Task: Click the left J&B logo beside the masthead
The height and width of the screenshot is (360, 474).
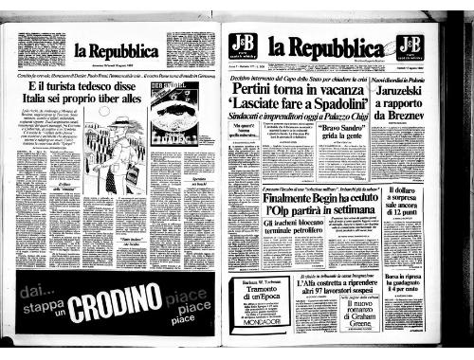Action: [x=241, y=45]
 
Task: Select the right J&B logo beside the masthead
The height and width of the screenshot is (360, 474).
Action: [x=410, y=45]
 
